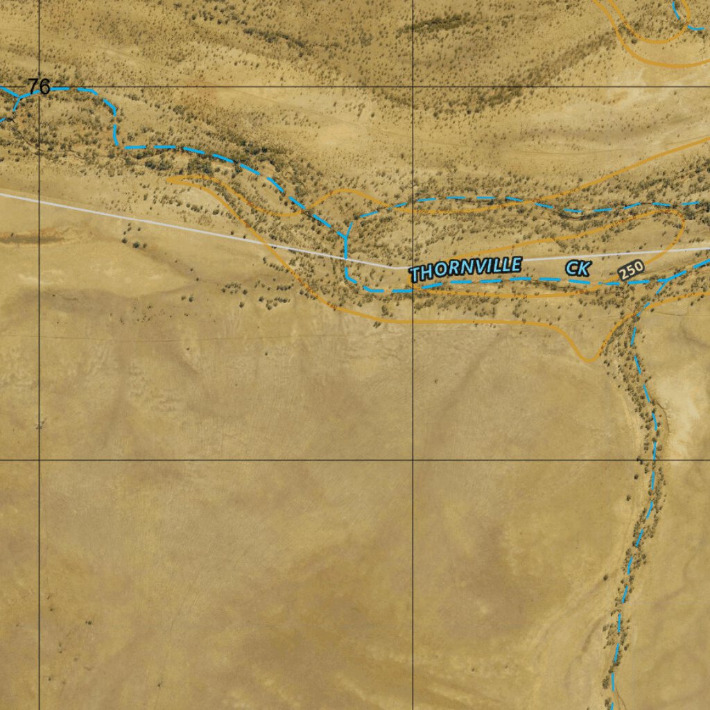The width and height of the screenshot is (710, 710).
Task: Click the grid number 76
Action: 39,87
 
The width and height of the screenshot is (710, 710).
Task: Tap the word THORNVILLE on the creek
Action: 465,269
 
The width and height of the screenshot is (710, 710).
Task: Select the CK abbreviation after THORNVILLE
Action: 577,268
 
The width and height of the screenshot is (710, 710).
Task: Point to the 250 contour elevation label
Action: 632,270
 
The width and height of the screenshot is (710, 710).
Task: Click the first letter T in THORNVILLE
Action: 415,275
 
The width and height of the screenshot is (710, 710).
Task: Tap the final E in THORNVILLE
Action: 515,264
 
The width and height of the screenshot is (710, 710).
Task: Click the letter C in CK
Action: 571,268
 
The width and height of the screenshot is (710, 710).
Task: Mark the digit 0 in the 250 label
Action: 639,267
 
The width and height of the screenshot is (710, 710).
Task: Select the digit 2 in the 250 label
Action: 625,275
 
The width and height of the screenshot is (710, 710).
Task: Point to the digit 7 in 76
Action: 33,87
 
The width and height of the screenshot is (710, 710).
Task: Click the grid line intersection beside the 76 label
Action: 40,87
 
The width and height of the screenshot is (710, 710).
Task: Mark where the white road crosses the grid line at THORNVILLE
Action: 413,267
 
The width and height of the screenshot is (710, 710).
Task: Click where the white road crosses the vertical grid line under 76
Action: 40,200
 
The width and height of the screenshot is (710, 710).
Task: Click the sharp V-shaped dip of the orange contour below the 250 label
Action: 589,361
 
